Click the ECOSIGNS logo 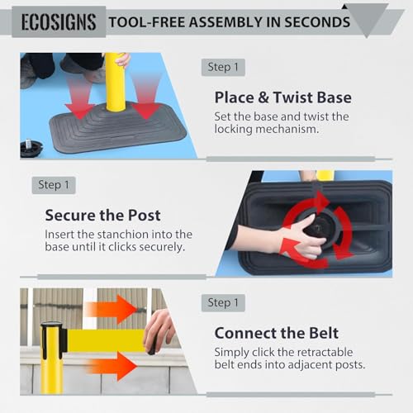click(59, 22)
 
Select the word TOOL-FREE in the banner click(147, 22)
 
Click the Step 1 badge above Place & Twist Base click(223, 67)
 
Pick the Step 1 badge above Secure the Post click(54, 185)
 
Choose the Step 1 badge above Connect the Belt click(223, 303)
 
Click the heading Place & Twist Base click(283, 97)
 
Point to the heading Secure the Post click(102, 216)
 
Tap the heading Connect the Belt click(277, 333)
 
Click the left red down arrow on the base click(79, 97)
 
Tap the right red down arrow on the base click(146, 97)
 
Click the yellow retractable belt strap click(106, 340)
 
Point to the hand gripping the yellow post click(123, 59)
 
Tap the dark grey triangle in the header click(366, 18)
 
